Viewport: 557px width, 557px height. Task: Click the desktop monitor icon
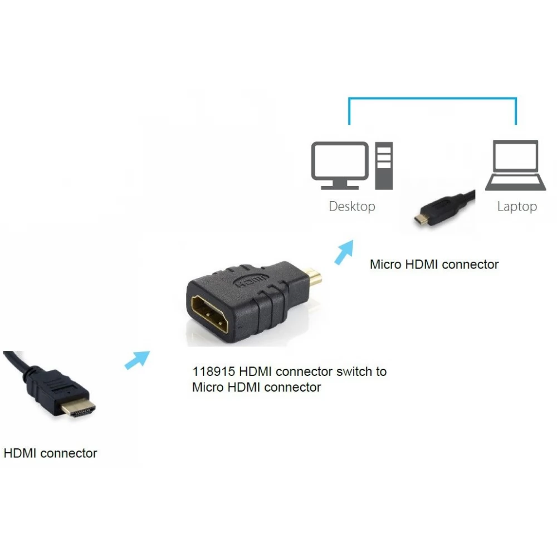point(340,165)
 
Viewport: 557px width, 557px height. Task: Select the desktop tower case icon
point(384,165)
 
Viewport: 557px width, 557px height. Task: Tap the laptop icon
point(515,165)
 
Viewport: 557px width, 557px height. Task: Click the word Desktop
point(351,207)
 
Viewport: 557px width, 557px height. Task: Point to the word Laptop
point(517,207)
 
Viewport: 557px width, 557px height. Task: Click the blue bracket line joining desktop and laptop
point(432,97)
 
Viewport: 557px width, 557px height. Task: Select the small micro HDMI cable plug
point(443,208)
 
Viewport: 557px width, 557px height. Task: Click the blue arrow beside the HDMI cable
point(137,360)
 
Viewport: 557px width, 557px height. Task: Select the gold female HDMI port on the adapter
point(209,314)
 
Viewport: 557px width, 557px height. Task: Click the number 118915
point(213,372)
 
